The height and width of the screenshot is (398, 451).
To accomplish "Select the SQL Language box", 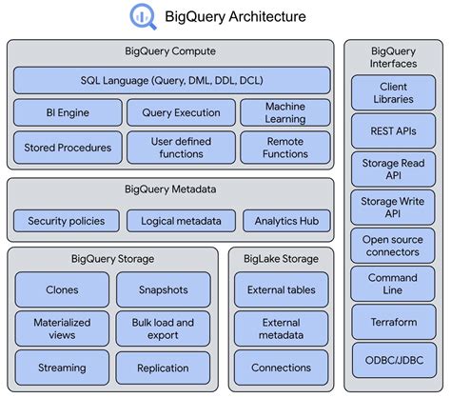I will pyautogui.click(x=172, y=80).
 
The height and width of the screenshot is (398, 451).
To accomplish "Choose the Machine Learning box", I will pyautogui.click(x=284, y=112).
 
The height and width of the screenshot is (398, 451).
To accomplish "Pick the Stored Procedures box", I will pyautogui.click(x=68, y=147).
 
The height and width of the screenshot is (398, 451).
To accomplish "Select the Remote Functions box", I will pyautogui.click(x=284, y=147).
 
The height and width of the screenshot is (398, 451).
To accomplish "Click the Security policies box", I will pyautogui.click(x=66, y=221).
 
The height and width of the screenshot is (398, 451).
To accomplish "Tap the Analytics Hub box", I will pyautogui.click(x=285, y=221).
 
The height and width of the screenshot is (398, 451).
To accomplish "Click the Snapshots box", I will pyautogui.click(x=163, y=289).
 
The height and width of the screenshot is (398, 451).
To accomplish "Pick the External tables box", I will pyautogui.click(x=281, y=289).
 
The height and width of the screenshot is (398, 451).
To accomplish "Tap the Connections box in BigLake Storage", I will pyautogui.click(x=281, y=368).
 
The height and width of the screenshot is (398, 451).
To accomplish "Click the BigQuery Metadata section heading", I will pyautogui.click(x=171, y=189).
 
